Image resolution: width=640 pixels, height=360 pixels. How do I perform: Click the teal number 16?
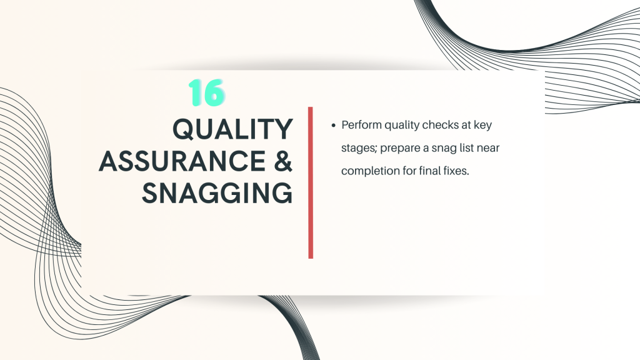(x=206, y=92)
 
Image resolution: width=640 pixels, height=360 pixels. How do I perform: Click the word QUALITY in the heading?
(x=232, y=129)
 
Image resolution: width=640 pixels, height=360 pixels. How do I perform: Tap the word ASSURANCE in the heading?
(x=182, y=161)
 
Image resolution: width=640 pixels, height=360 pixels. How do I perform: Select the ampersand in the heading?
(x=283, y=161)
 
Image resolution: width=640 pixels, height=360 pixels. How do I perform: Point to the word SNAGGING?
(x=217, y=192)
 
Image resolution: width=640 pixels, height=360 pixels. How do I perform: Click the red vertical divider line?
(x=311, y=182)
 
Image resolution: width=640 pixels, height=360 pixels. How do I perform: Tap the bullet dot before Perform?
(x=333, y=125)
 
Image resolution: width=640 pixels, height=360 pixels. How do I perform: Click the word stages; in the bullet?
(x=359, y=148)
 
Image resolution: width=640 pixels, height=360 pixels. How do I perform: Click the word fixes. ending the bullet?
(x=456, y=170)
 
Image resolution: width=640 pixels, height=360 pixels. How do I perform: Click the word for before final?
(x=409, y=170)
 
